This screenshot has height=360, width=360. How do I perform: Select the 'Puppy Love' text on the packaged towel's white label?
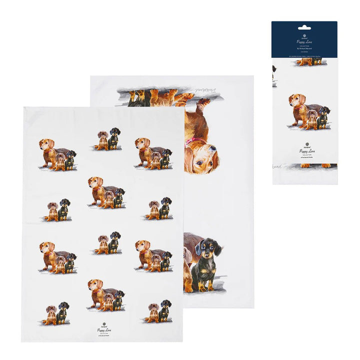304,151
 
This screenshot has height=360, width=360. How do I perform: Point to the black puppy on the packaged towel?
324,116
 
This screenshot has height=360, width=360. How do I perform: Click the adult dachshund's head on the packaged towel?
296,101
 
